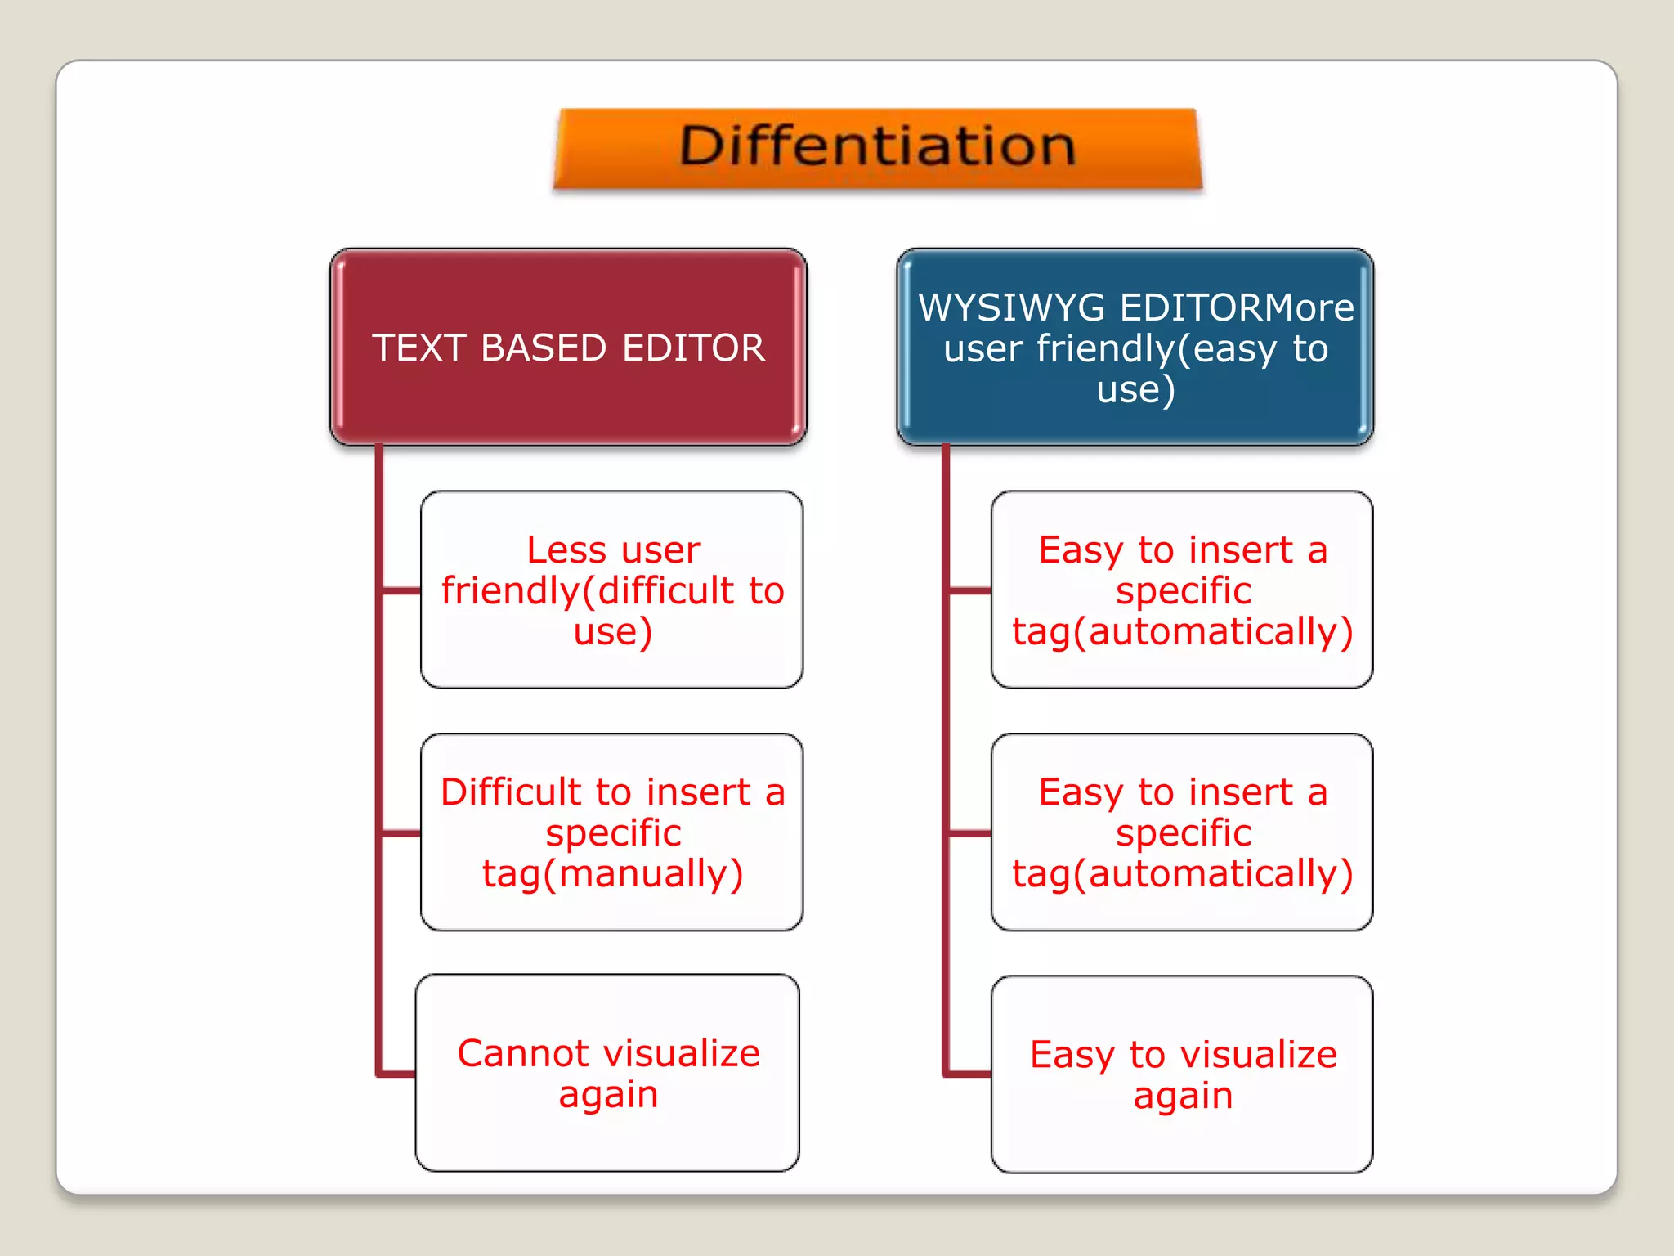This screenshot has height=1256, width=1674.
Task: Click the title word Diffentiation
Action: tap(877, 146)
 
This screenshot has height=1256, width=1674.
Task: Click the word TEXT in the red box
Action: tap(418, 348)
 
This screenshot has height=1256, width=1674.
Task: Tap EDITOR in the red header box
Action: tap(693, 348)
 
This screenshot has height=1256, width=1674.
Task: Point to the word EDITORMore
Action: tap(1237, 308)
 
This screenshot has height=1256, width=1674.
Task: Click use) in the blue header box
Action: tap(1135, 390)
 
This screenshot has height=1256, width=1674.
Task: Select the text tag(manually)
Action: tap(612, 874)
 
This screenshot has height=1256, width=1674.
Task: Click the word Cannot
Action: tap(511, 1054)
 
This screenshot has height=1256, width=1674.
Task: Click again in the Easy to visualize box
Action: tap(1183, 1097)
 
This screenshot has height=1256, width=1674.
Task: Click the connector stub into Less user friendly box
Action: tap(401, 590)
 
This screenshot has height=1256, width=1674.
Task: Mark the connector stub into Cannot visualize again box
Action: tap(397, 1073)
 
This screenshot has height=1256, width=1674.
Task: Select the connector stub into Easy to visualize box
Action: tap(968, 1073)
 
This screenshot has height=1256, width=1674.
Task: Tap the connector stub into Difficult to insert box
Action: tap(401, 833)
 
